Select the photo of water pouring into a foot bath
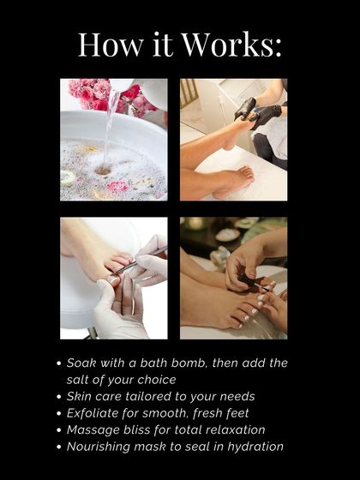(113, 139)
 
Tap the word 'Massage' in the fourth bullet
(94, 429)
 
